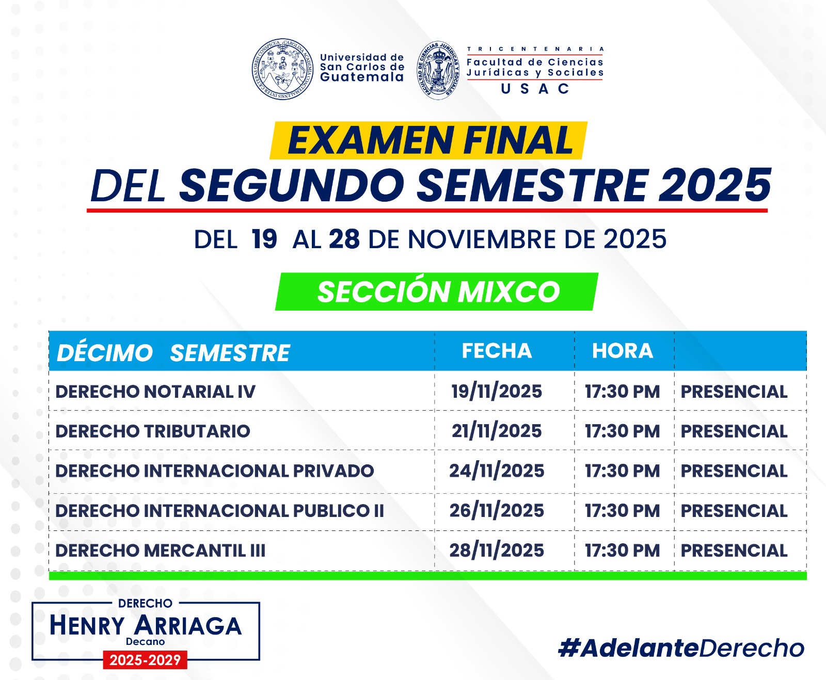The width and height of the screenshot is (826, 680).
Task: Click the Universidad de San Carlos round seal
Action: (x=282, y=69)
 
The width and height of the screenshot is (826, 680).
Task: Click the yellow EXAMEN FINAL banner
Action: (x=428, y=140)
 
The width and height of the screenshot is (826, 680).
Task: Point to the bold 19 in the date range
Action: (x=264, y=239)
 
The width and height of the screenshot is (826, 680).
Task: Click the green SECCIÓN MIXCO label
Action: (x=437, y=292)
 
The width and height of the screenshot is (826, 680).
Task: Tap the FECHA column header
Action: (x=497, y=351)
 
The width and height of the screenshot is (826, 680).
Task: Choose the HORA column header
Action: (x=623, y=351)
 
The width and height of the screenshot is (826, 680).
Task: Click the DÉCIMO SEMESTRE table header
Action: (x=173, y=353)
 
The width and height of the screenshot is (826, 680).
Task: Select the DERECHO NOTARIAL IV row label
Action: (x=155, y=392)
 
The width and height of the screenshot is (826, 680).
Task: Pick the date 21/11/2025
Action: (x=497, y=431)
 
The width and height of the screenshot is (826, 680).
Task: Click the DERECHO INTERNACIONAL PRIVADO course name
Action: (x=215, y=471)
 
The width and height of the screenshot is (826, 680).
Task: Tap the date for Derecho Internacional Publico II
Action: (x=497, y=510)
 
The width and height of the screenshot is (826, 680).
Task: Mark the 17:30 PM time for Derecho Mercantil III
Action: (x=623, y=551)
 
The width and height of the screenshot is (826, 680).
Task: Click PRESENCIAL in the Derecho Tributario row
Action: (x=734, y=431)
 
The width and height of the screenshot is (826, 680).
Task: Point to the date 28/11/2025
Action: (x=497, y=551)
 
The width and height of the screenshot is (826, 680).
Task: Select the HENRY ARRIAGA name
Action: (x=146, y=625)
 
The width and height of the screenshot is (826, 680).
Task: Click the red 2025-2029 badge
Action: (x=145, y=660)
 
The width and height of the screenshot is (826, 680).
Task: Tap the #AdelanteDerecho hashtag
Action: (x=681, y=648)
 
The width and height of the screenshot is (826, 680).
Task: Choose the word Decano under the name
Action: (x=146, y=642)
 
